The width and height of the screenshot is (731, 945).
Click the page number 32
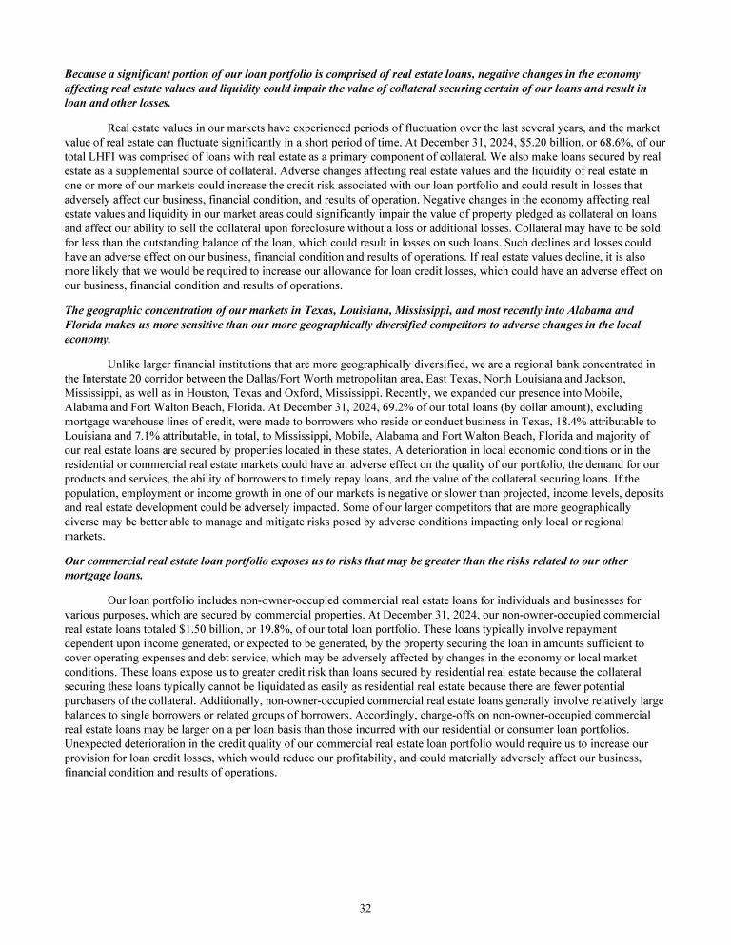pos(365,908)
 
